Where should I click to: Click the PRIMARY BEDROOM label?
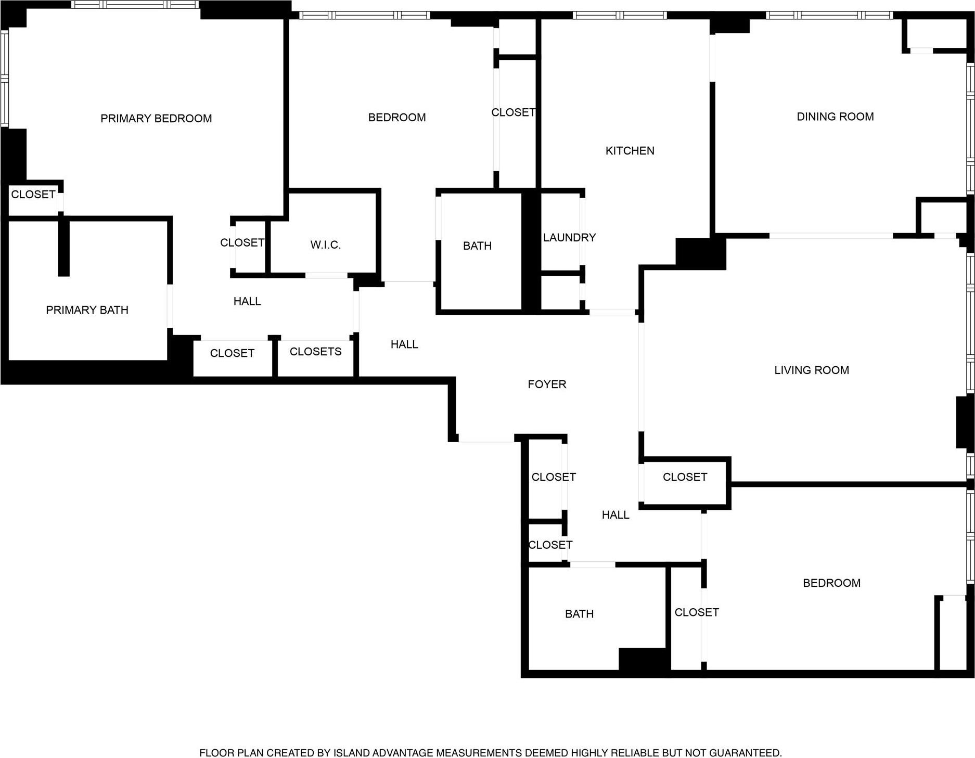156,119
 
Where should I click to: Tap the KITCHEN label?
630,151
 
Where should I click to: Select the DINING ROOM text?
835,117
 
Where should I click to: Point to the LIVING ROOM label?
811,370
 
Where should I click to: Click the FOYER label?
547,384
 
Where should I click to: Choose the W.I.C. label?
326,245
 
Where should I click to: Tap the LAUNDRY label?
569,238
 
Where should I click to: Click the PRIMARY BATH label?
87,310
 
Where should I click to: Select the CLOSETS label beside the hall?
315,352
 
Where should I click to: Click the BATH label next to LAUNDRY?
477,246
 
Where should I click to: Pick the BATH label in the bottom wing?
579,614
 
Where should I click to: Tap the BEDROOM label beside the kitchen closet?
397,118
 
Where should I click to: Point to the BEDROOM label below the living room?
831,583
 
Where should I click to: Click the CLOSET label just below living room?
685,477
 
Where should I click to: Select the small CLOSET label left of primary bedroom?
33,195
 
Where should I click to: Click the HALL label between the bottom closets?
615,515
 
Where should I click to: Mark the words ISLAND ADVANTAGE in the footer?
383,753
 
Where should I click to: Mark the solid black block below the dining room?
700,254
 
